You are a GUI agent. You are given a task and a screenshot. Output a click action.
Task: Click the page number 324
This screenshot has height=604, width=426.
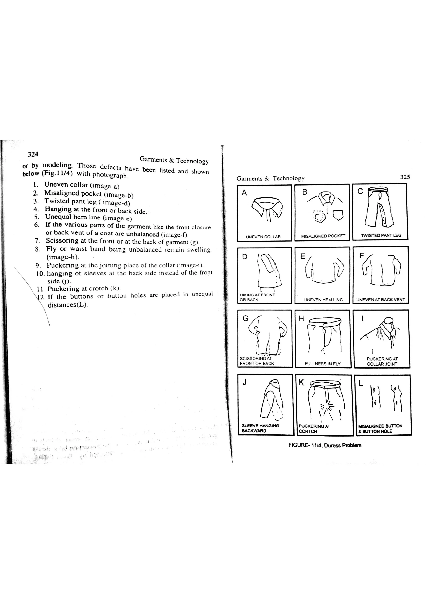tap(33, 154)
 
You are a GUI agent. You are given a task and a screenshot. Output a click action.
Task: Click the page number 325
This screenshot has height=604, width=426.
tap(405, 177)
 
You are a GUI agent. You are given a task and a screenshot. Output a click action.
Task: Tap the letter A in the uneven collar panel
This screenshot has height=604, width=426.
tap(244, 193)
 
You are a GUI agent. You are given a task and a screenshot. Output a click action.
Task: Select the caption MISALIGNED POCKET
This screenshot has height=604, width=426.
tap(323, 236)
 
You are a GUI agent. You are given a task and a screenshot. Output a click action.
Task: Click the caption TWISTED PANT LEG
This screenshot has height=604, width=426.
tap(381, 235)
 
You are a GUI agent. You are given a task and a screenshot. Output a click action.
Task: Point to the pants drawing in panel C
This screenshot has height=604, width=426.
tap(379, 208)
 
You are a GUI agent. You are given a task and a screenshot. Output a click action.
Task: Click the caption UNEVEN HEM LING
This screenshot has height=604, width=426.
tap(323, 300)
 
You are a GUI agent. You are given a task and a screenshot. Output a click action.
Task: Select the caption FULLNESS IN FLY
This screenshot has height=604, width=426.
tap(322, 364)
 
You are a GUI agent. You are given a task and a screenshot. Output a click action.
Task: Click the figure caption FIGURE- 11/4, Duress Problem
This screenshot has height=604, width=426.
tap(324, 445)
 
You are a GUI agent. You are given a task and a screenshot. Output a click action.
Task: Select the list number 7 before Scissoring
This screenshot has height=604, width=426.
tap(37, 240)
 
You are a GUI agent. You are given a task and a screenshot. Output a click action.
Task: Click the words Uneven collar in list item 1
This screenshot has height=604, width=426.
tap(66, 184)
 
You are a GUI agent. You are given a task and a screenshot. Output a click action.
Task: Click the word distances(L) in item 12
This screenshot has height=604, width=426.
tap(68, 305)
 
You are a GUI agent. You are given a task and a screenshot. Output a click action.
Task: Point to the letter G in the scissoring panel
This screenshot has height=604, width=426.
tap(245, 319)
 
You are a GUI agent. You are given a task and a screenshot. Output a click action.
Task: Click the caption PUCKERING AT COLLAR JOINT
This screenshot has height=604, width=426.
tap(382, 361)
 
